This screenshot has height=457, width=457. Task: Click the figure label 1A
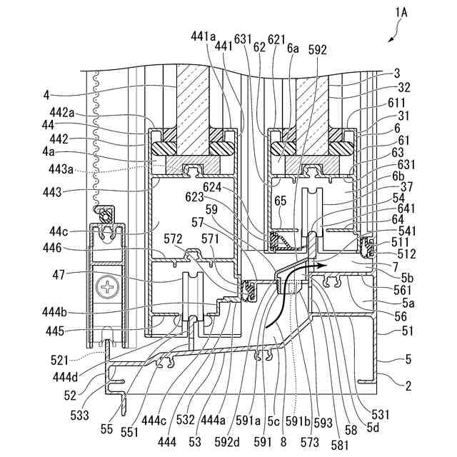(x=401, y=13)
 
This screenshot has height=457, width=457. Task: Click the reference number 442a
(x=62, y=112)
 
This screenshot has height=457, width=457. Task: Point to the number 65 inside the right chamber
(x=281, y=201)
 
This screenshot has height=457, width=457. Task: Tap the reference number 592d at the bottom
(x=227, y=443)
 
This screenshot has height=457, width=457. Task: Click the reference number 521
(x=59, y=361)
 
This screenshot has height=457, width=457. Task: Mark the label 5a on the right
(x=408, y=303)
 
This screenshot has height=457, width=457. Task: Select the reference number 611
(x=396, y=103)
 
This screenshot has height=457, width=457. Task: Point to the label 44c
(x=59, y=231)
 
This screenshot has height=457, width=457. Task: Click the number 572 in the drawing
(x=173, y=239)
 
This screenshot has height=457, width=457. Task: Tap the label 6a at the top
(x=293, y=49)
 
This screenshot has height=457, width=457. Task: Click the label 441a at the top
(x=204, y=36)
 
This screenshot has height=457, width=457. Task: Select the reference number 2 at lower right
(x=408, y=386)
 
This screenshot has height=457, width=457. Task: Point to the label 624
(x=212, y=187)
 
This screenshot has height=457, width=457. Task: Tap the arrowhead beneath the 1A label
(x=391, y=40)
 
